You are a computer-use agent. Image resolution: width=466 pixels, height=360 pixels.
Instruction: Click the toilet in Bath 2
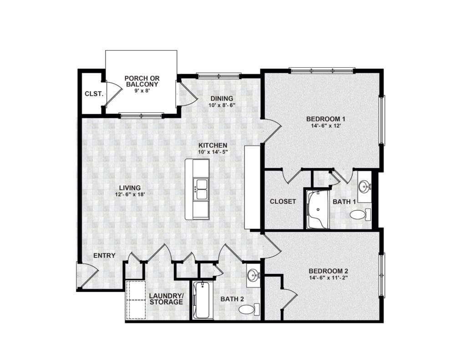(x=249, y=309)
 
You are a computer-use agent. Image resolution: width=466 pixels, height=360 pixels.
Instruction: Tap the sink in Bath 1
(x=364, y=187)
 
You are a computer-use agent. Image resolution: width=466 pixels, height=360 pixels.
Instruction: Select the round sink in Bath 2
(x=253, y=275)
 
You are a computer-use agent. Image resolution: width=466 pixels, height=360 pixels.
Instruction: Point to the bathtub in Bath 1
(x=318, y=210)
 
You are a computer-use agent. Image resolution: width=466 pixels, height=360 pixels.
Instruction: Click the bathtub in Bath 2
(x=203, y=300)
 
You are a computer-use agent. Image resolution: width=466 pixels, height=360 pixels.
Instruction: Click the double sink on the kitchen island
(x=201, y=189)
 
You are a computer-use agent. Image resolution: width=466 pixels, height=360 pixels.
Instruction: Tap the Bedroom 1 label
(x=326, y=119)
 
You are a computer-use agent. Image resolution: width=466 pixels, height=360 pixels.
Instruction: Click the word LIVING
(x=130, y=188)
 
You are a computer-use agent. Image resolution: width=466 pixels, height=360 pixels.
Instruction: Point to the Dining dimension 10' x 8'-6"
(x=222, y=105)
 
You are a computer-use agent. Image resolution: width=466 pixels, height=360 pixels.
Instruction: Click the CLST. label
(x=94, y=94)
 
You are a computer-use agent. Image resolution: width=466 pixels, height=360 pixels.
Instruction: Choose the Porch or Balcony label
(x=142, y=81)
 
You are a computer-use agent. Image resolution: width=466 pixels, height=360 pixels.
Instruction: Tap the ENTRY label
(x=104, y=255)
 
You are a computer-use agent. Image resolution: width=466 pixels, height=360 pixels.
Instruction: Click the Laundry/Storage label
(x=166, y=299)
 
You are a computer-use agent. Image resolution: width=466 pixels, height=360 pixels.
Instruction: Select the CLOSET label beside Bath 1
(x=283, y=202)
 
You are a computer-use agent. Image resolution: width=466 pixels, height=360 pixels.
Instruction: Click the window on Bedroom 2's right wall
(x=382, y=275)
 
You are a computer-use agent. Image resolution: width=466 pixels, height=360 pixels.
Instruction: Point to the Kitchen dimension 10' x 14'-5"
(x=213, y=152)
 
